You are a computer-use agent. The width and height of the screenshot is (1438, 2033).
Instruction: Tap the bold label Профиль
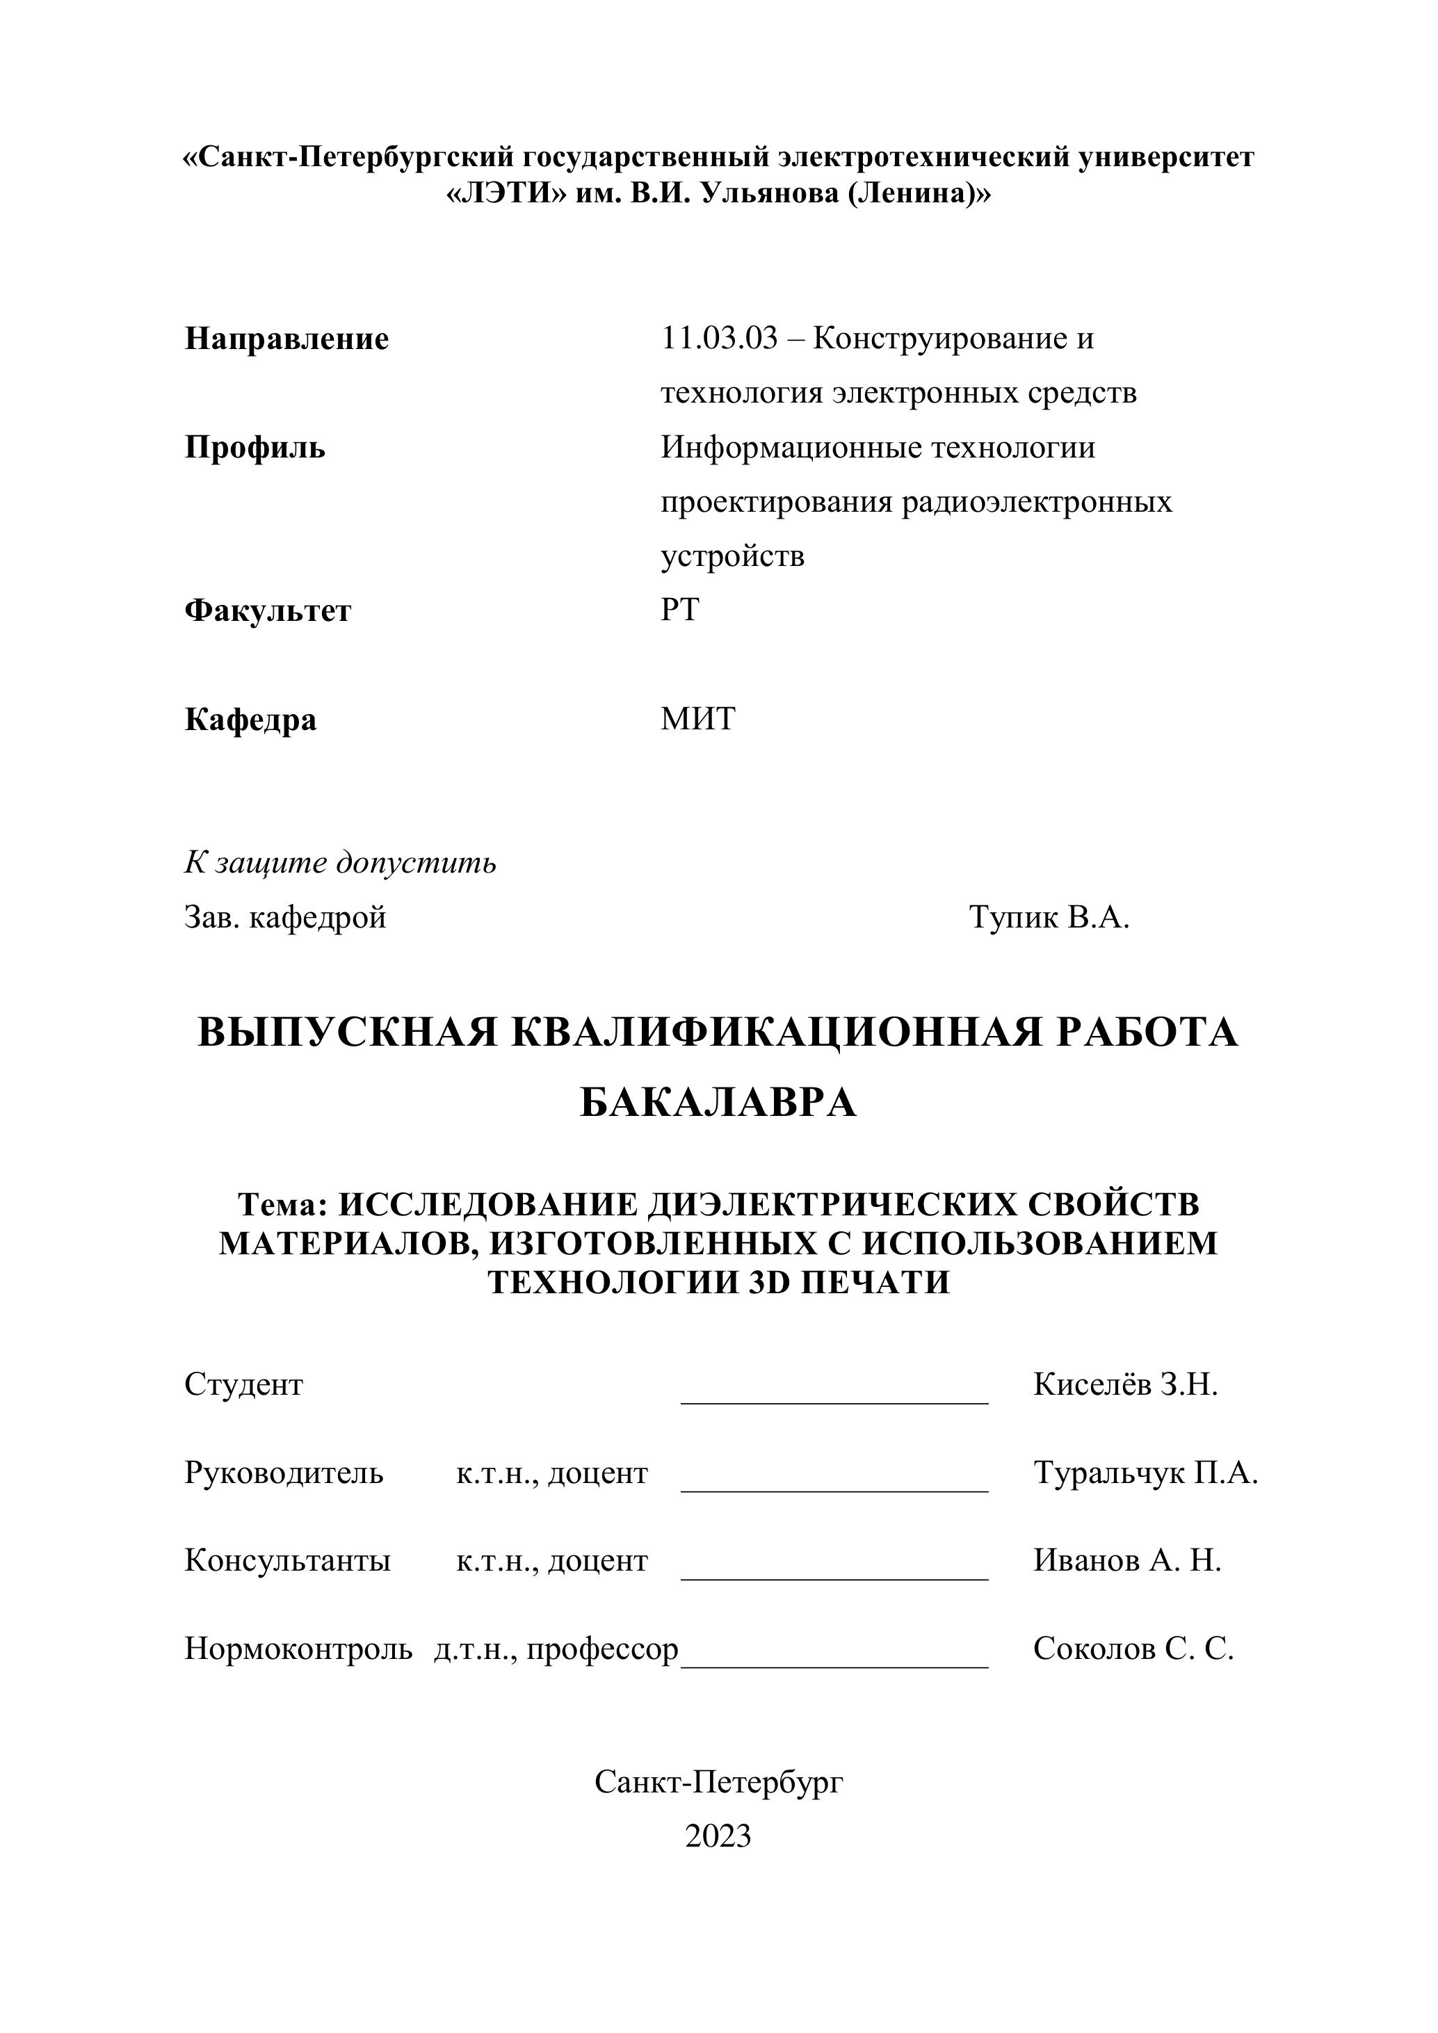click(255, 448)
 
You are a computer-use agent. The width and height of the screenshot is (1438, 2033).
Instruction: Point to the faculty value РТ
click(679, 610)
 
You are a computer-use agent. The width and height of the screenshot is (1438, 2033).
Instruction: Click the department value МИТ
click(697, 719)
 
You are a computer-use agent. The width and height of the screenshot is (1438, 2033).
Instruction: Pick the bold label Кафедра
click(250, 719)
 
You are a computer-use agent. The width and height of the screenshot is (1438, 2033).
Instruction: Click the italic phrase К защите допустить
click(340, 862)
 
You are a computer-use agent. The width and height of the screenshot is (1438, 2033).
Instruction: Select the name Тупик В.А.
click(1049, 917)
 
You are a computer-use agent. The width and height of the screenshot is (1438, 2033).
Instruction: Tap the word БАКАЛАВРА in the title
click(718, 1103)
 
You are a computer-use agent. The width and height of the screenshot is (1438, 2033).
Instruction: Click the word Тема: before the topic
click(283, 1205)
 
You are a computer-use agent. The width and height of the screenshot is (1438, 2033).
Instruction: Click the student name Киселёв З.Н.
click(1125, 1385)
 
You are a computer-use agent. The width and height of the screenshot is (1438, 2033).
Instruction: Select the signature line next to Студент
click(834, 1399)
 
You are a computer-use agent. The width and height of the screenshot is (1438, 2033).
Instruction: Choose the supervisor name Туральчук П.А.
click(1146, 1473)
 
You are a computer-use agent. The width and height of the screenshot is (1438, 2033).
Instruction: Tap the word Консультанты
click(288, 1561)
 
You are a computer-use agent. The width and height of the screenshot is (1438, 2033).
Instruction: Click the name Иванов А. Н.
click(1127, 1561)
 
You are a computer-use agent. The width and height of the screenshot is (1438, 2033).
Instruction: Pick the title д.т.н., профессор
click(556, 1649)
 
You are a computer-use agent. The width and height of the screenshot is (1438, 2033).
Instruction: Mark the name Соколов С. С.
click(1133, 1649)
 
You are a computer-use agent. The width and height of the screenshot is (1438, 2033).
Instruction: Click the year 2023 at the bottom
click(718, 1836)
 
